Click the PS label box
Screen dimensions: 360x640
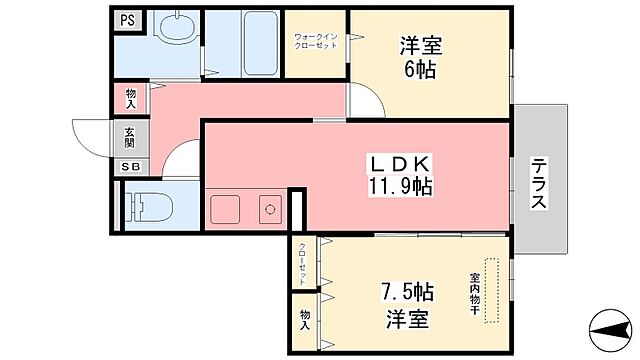[x=127, y=19]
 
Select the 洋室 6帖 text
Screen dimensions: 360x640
[x=421, y=57]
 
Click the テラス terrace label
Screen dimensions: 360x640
[x=537, y=185]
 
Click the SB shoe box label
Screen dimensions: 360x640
[x=131, y=167]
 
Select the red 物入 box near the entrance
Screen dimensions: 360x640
[x=131, y=98]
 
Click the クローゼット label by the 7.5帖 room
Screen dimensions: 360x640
[x=302, y=264]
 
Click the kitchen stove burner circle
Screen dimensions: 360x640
[x=268, y=210]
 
